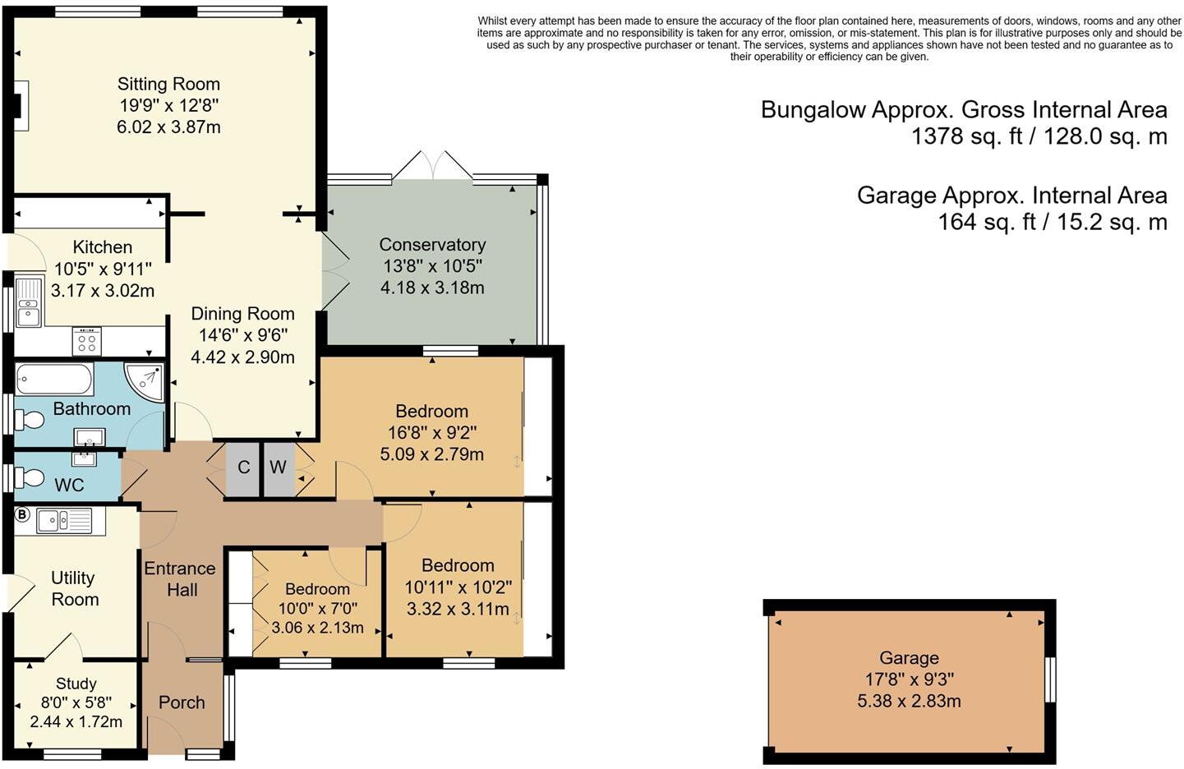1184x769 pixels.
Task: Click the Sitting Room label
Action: click(x=168, y=84)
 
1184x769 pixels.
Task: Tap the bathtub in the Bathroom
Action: click(x=54, y=379)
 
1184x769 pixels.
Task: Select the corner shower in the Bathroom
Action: click(x=145, y=382)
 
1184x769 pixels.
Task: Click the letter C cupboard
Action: click(x=243, y=467)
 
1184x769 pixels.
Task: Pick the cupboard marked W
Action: click(x=279, y=467)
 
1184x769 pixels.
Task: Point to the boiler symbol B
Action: click(x=21, y=514)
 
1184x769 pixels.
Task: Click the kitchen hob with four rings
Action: click(x=87, y=342)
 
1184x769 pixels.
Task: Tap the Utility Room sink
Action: click(x=64, y=521)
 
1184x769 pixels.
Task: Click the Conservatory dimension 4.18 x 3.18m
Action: click(x=432, y=288)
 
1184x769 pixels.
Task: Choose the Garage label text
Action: click(x=909, y=658)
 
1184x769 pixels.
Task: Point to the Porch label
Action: click(x=182, y=702)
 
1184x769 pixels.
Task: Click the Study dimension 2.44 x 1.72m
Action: click(x=76, y=722)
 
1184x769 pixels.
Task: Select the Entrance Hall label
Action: click(x=180, y=579)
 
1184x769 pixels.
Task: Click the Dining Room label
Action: click(x=242, y=314)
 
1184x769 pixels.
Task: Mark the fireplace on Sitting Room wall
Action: click(x=21, y=106)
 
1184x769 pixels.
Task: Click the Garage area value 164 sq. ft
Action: click(x=987, y=222)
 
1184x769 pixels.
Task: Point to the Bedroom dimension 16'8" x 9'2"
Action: click(x=432, y=433)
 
